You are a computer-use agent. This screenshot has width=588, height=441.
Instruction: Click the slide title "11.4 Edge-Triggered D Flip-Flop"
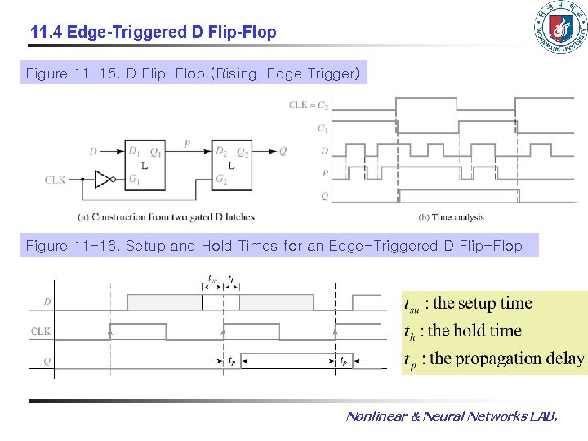tap(153, 33)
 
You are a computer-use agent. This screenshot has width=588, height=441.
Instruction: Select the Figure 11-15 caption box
tap(193, 73)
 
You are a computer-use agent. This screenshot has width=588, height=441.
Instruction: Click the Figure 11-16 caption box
tap(274, 246)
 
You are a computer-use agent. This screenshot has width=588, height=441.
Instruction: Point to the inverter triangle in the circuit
tap(103, 180)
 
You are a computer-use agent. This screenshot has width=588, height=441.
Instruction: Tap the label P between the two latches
tap(187, 144)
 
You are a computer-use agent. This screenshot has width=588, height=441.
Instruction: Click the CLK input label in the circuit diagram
tap(56, 180)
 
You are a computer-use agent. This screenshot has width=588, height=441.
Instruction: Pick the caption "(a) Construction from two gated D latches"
tap(166, 217)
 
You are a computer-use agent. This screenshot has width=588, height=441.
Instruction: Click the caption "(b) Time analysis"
tap(451, 217)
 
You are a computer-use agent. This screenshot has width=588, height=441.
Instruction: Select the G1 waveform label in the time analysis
tap(323, 127)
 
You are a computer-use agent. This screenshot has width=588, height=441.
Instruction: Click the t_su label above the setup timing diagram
tap(212, 278)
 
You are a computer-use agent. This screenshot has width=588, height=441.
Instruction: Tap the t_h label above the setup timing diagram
tap(233, 278)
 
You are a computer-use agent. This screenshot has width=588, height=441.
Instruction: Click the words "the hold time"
tap(474, 331)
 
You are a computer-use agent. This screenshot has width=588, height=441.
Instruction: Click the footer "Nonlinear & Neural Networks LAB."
tap(452, 416)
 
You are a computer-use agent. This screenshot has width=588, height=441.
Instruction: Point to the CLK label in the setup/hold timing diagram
tap(41, 332)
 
